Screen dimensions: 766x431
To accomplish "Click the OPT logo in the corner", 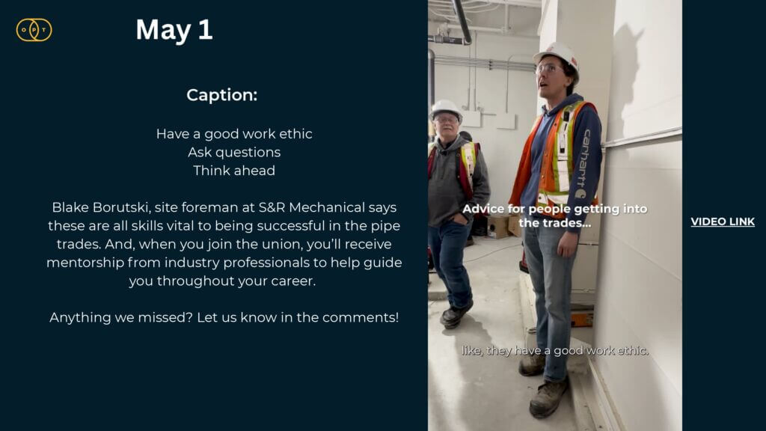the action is click(x=34, y=30).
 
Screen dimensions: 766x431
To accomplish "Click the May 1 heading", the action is click(x=174, y=30).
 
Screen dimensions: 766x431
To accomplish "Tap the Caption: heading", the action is click(x=221, y=95).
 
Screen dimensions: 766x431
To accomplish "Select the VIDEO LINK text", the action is click(x=723, y=221).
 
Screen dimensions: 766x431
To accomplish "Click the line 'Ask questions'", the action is click(x=234, y=153).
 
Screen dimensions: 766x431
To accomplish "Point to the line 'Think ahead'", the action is click(x=234, y=171).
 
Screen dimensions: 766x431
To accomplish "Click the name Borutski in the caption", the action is click(x=120, y=207).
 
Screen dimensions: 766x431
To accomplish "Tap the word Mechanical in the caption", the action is click(x=327, y=207).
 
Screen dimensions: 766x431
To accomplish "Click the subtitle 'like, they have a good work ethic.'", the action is click(x=555, y=350).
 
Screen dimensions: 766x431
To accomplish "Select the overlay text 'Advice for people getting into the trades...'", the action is click(x=555, y=215).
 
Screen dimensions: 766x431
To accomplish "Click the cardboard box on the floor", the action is click(x=499, y=226).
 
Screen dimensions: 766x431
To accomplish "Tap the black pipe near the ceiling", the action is click(x=462, y=20).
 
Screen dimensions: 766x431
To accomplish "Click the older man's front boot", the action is click(x=456, y=314).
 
